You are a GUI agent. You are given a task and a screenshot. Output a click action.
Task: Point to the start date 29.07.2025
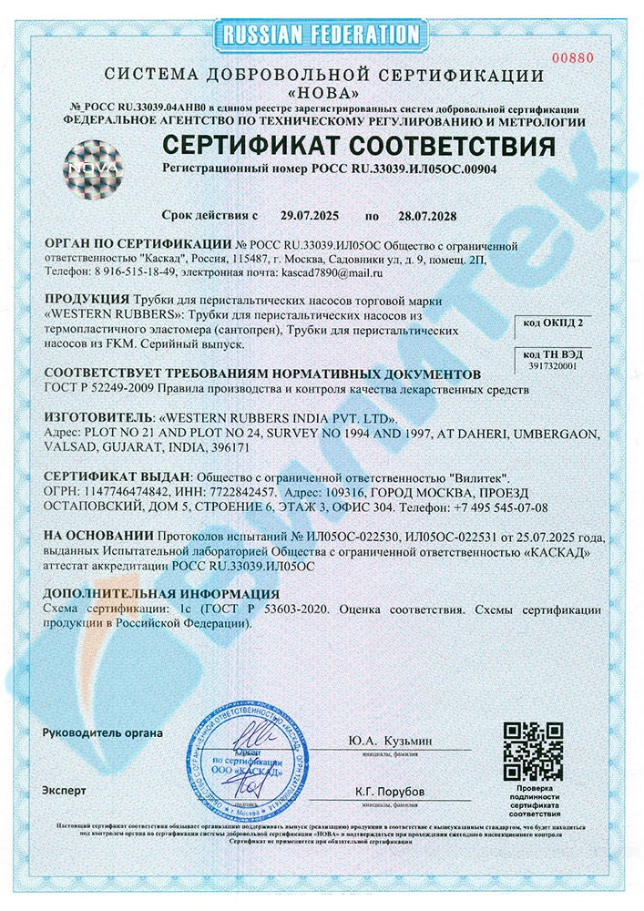click(309, 216)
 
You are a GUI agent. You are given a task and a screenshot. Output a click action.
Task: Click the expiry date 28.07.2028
click(420, 216)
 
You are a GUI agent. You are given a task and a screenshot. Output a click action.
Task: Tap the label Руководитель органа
click(102, 732)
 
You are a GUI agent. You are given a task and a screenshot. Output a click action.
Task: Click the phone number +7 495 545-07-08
click(494, 507)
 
